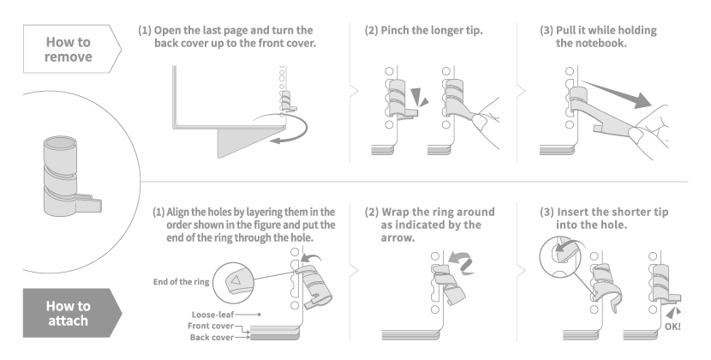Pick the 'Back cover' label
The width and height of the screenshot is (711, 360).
tap(213, 337)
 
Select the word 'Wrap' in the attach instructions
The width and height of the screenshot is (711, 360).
tap(400, 211)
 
